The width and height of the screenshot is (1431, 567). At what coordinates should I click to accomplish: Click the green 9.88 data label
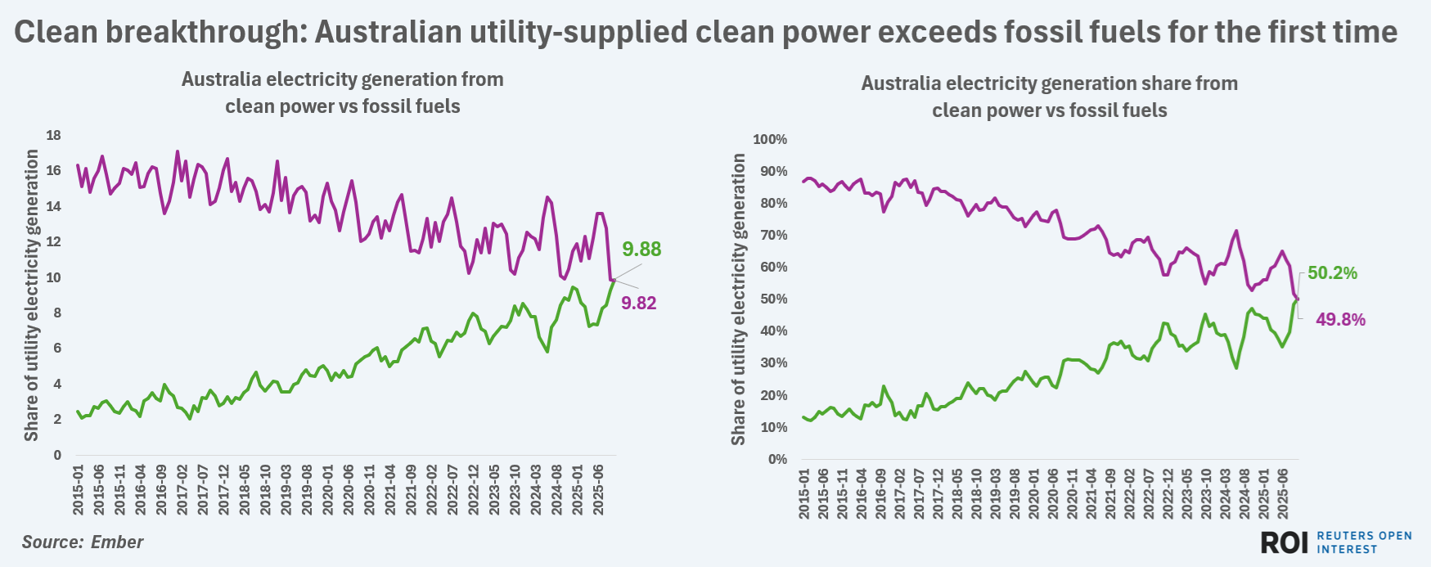(x=641, y=250)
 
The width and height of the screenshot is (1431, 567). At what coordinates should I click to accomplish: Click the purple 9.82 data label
(x=638, y=304)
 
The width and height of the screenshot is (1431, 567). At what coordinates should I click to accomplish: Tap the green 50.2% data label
(x=1332, y=273)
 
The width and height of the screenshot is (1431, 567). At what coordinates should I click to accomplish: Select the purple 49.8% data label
(x=1340, y=320)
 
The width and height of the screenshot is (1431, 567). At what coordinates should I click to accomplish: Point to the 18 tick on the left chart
(x=53, y=136)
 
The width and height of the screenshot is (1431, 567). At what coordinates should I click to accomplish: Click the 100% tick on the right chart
(x=770, y=140)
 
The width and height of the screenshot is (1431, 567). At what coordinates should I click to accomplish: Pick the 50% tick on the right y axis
(x=773, y=299)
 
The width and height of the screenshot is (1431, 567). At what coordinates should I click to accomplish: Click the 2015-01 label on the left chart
(x=79, y=490)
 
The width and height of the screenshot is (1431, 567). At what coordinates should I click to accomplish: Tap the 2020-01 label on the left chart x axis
(x=328, y=490)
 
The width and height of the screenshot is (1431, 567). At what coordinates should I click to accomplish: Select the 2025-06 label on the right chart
(x=1283, y=494)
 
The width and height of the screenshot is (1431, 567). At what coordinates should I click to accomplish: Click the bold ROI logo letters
(x=1285, y=542)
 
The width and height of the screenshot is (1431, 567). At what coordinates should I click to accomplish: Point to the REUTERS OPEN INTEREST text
(x=1364, y=542)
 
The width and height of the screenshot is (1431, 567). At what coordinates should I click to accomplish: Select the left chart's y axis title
(x=31, y=295)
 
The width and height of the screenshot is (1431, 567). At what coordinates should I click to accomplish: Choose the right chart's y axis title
(x=738, y=299)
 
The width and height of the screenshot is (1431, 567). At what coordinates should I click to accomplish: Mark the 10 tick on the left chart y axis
(x=53, y=278)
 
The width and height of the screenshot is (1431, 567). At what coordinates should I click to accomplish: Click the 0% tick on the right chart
(x=777, y=460)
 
